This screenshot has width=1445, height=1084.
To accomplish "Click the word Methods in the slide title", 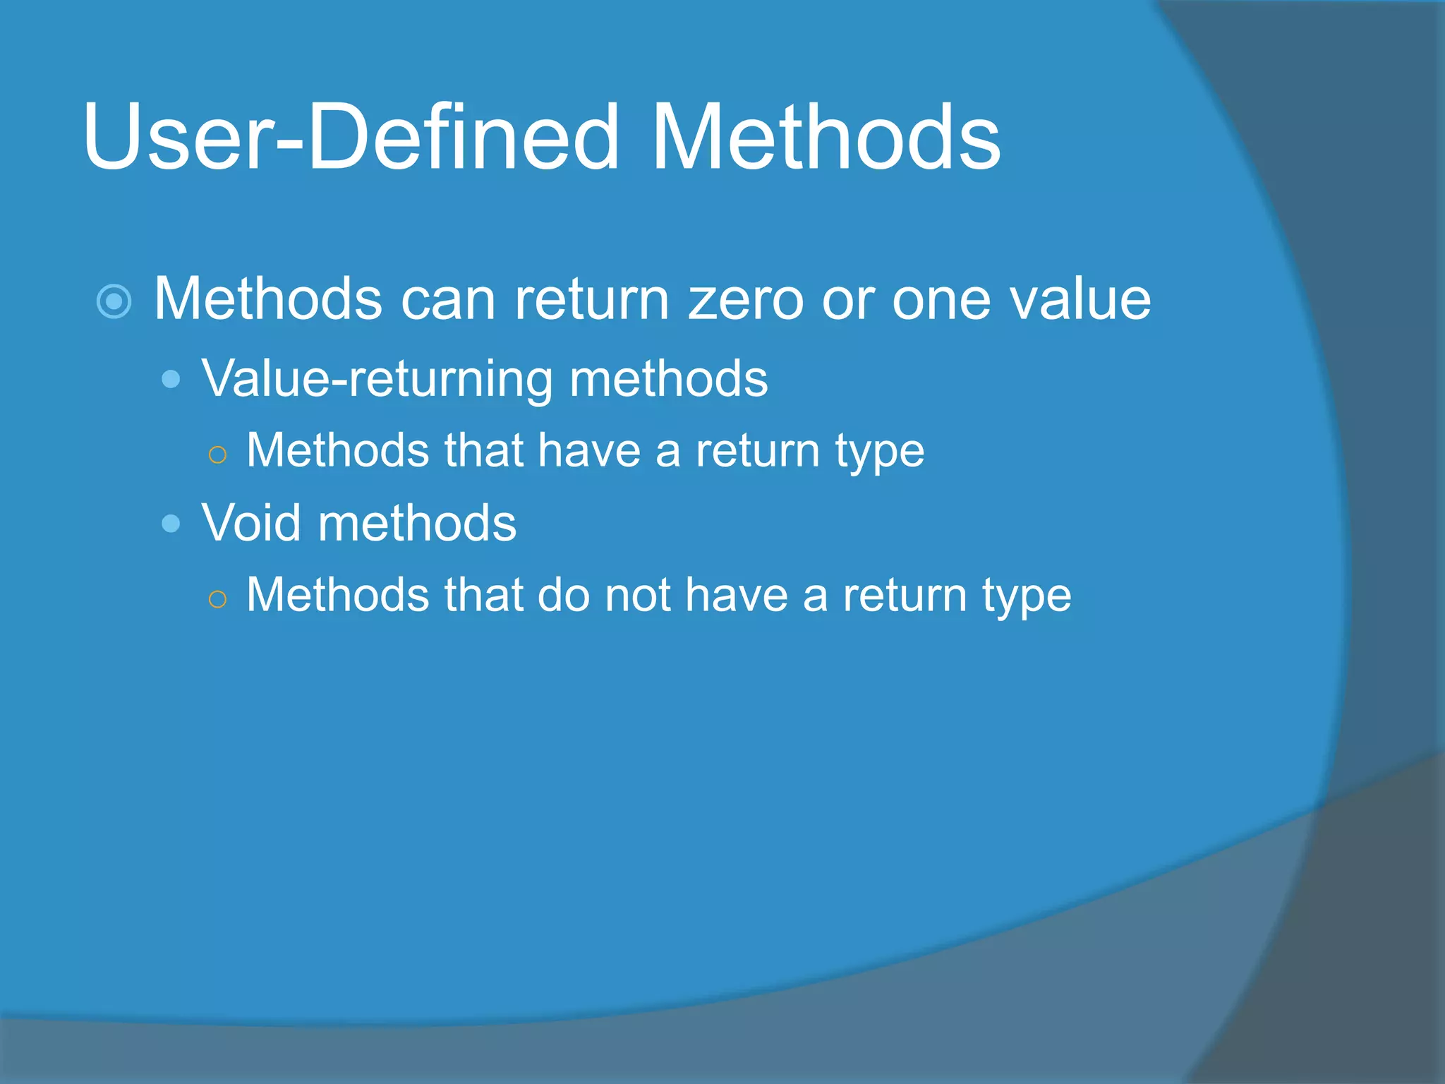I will point(826,138).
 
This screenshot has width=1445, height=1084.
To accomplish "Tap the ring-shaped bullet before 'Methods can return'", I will point(114,302).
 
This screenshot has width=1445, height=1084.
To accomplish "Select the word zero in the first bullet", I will point(746,299).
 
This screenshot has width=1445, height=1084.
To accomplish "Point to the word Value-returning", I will point(377,380).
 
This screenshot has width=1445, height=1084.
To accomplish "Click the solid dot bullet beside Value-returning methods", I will point(171,380).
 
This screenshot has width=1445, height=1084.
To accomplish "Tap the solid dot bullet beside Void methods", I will point(171,524).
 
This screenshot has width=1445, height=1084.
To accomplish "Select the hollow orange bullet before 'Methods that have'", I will point(218,455).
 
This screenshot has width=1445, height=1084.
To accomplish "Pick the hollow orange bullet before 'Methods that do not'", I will point(218,599).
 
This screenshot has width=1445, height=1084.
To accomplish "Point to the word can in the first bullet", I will point(448,301).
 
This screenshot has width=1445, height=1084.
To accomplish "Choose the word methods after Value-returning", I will point(668,380).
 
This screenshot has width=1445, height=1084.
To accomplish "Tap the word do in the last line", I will point(563,595).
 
